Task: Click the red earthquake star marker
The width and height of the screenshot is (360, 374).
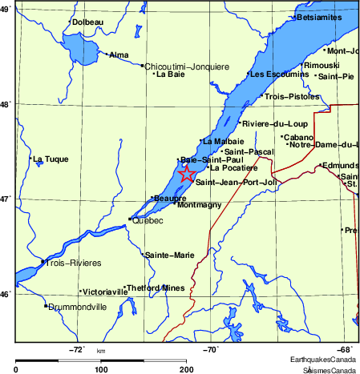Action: pyautogui.click(x=186, y=174)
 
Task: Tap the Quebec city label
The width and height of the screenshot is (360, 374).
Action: pyautogui.click(x=148, y=220)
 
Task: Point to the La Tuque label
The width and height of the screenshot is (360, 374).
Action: pyautogui.click(x=51, y=159)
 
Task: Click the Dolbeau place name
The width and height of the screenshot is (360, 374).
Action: pyautogui.click(x=87, y=22)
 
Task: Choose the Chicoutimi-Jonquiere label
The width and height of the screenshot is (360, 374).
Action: pyautogui.click(x=187, y=66)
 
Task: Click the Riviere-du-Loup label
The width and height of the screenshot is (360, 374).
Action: pyautogui.click(x=269, y=124)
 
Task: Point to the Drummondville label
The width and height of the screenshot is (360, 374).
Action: pyautogui.click(x=77, y=307)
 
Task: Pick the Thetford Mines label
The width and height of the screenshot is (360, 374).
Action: pyautogui.click(x=156, y=288)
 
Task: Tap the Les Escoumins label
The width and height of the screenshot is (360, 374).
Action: pyautogui.click(x=279, y=74)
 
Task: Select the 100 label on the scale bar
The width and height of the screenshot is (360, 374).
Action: pyautogui.click(x=101, y=369)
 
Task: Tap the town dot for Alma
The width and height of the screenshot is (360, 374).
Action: pyautogui.click(x=107, y=54)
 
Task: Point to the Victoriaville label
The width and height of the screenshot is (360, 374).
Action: pyautogui.click(x=104, y=292)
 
